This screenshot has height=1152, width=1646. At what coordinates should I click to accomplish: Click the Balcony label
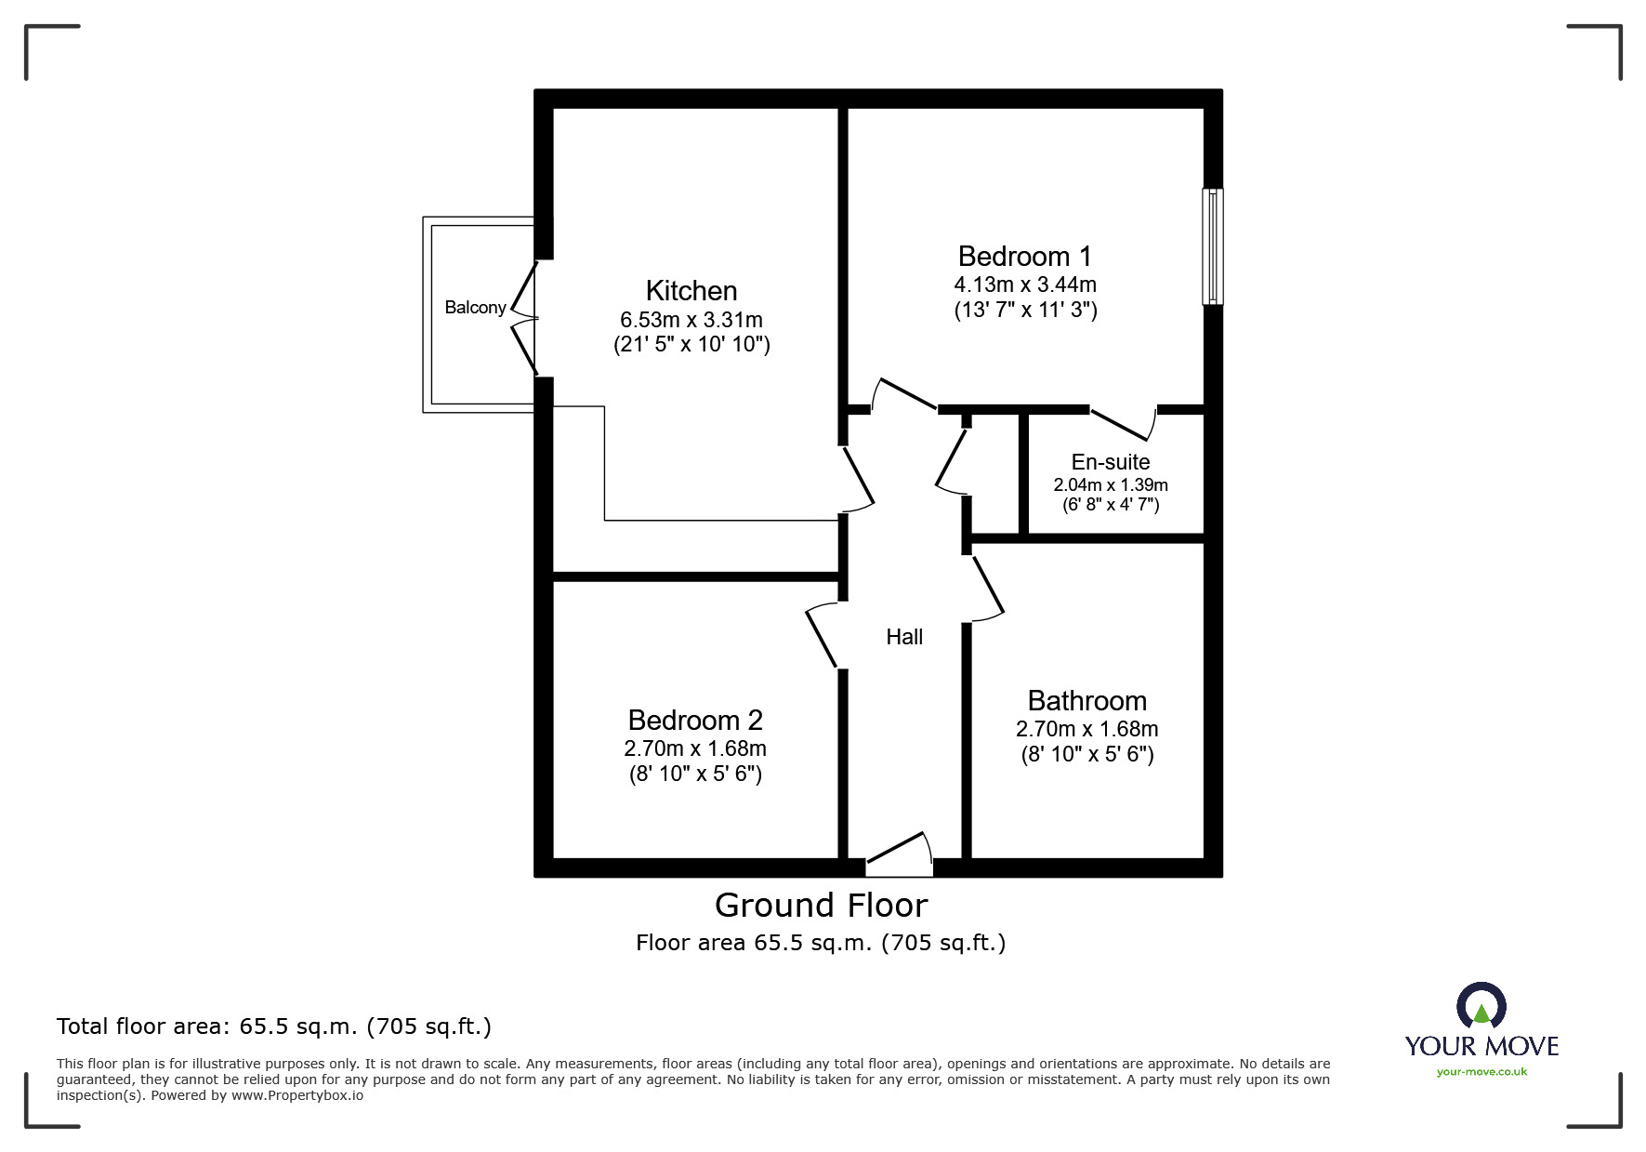pyautogui.click(x=475, y=308)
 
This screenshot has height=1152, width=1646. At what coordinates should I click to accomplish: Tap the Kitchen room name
pyautogui.click(x=691, y=290)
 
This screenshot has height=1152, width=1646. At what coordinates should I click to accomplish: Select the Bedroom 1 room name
pyautogui.click(x=1024, y=256)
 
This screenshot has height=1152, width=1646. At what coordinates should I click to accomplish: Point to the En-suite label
pyautogui.click(x=1110, y=462)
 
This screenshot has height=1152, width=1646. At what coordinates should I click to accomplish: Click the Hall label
pyautogui.click(x=904, y=637)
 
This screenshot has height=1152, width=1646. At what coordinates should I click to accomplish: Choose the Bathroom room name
pyautogui.click(x=1086, y=700)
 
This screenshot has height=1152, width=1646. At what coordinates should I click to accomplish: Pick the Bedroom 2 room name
pyautogui.click(x=695, y=720)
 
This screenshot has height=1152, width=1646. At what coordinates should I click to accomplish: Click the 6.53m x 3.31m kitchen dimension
pyautogui.click(x=691, y=320)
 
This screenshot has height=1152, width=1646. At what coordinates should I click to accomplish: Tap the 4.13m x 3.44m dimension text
pyautogui.click(x=1025, y=285)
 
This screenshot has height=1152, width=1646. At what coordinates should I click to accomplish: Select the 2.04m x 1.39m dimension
pyautogui.click(x=1110, y=485)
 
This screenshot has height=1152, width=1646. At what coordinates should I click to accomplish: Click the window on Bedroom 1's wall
pyautogui.click(x=1212, y=246)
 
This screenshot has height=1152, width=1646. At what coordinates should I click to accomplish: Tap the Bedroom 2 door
pyautogui.click(x=823, y=636)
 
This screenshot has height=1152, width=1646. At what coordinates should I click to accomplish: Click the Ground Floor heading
pyautogui.click(x=821, y=906)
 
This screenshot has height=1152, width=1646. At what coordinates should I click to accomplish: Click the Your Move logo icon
pyautogui.click(x=1481, y=1007)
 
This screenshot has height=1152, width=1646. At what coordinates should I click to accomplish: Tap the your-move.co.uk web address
pyautogui.click(x=1481, y=1072)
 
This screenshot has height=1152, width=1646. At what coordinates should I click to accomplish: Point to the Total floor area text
pyautogui.click(x=274, y=1026)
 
